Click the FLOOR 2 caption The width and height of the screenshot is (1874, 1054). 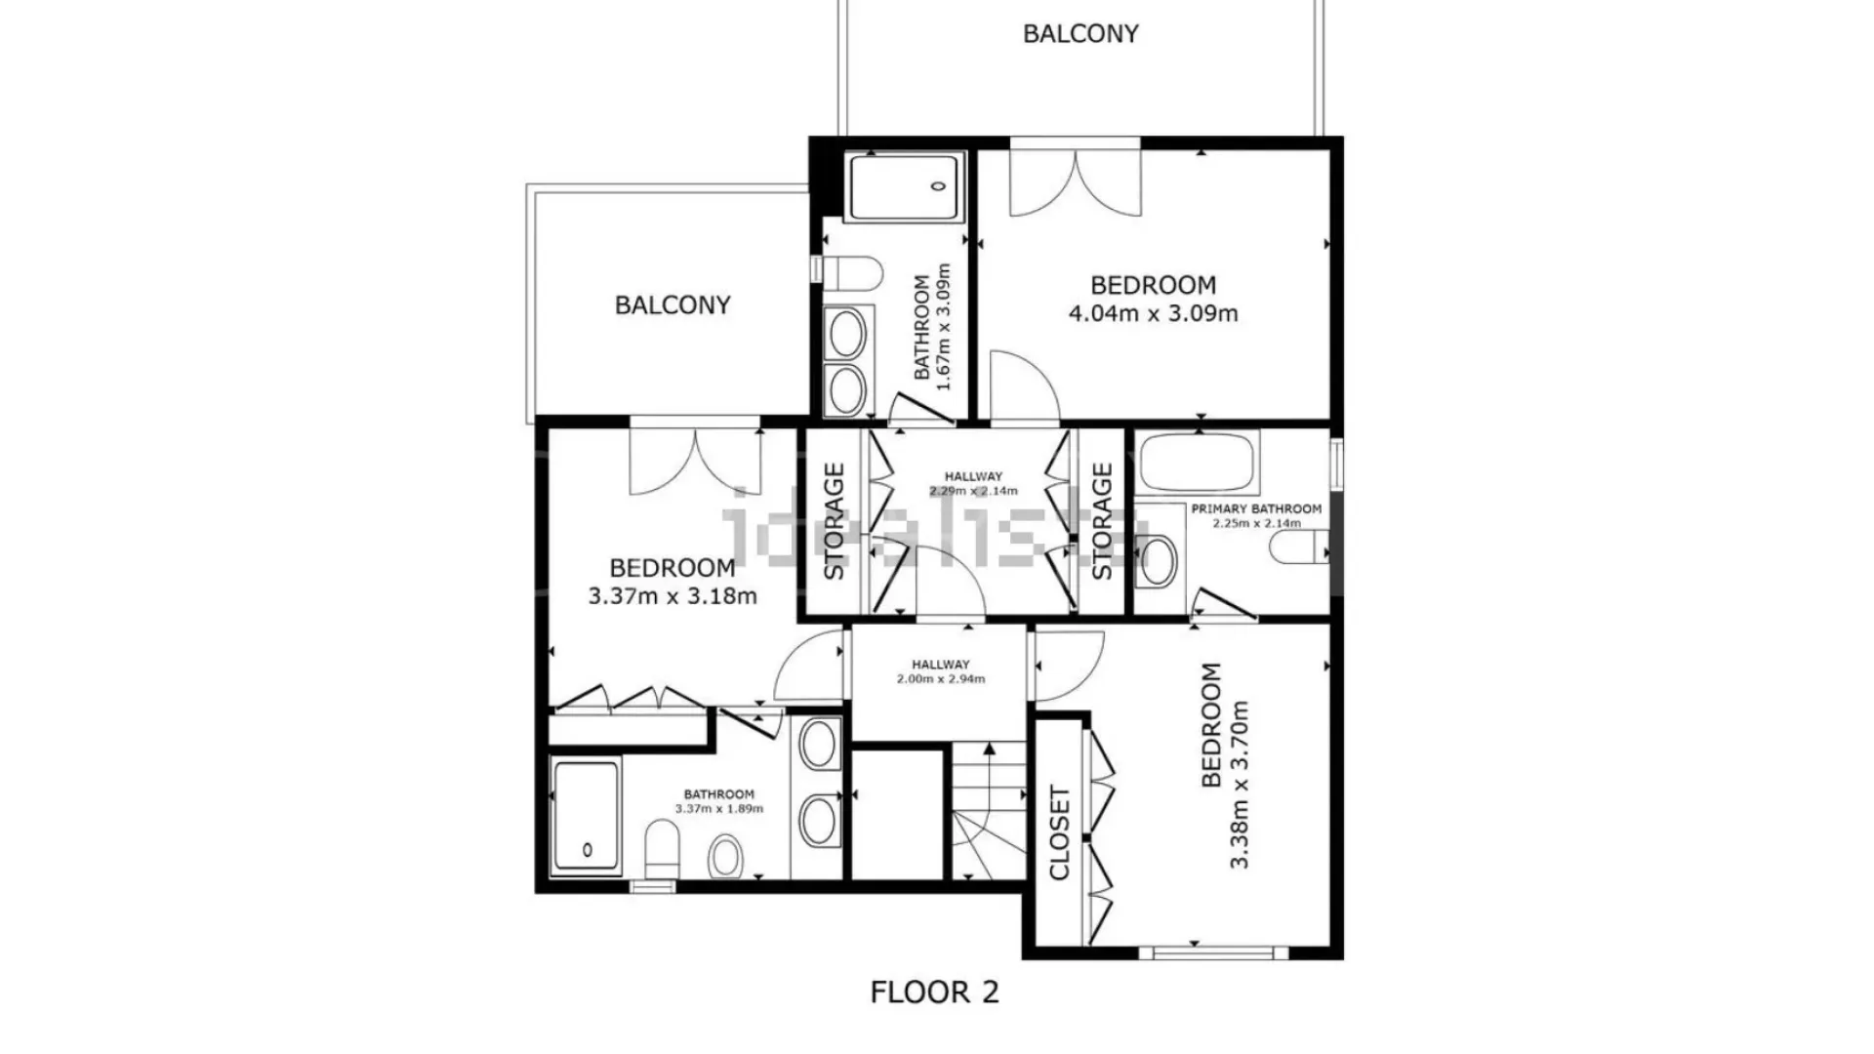pyautogui.click(x=934, y=993)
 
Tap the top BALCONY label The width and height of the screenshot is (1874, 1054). pyautogui.click(x=1080, y=34)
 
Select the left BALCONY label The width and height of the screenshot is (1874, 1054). pyautogui.click(x=672, y=305)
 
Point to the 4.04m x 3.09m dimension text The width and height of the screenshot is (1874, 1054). pyautogui.click(x=1154, y=313)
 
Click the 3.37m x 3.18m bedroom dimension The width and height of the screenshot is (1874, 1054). pyautogui.click(x=672, y=595)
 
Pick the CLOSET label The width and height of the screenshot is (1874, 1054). pyautogui.click(x=1059, y=832)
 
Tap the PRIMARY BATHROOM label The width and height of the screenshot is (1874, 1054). pyautogui.click(x=1256, y=508)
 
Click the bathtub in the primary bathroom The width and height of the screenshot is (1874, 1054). pyautogui.click(x=1197, y=463)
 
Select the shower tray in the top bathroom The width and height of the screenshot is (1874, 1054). pyautogui.click(x=904, y=186)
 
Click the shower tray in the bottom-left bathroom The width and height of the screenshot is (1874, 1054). pyautogui.click(x=587, y=816)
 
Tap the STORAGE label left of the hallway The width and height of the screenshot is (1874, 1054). pyautogui.click(x=835, y=521)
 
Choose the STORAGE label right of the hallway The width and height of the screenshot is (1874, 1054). pyautogui.click(x=1102, y=521)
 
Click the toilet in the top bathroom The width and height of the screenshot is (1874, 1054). pyautogui.click(x=852, y=273)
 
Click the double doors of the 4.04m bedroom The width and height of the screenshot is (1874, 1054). pyautogui.click(x=1075, y=180)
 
